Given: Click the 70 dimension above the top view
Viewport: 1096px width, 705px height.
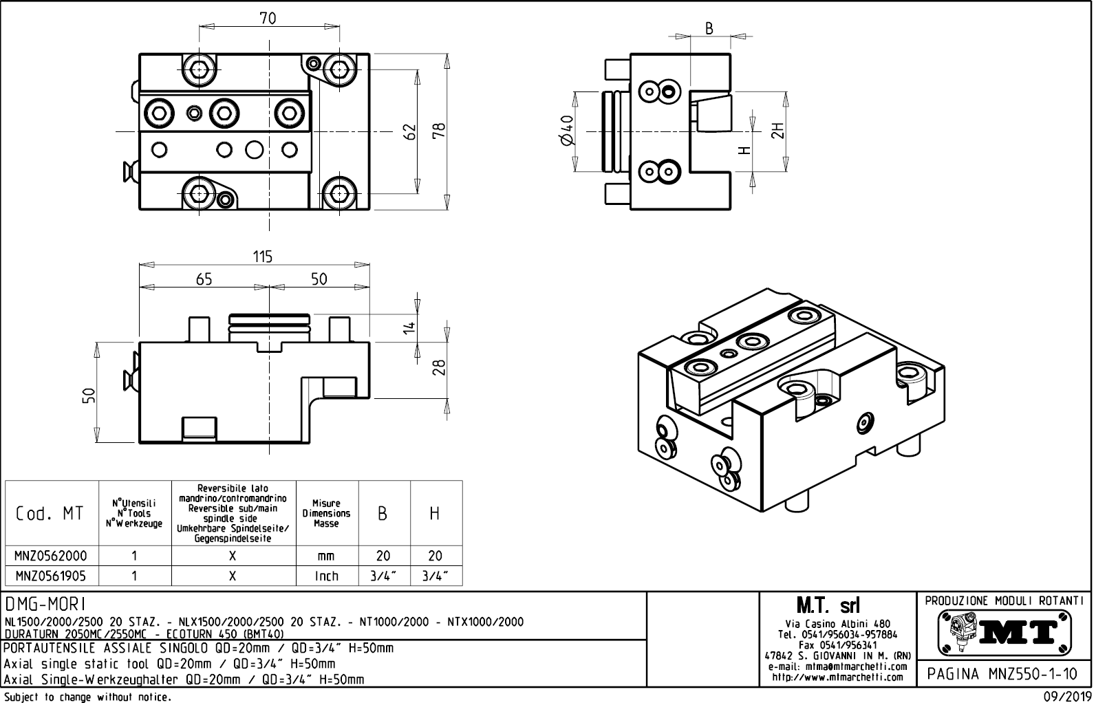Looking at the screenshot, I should pyautogui.click(x=268, y=19).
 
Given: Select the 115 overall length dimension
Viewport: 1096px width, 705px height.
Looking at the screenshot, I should pyautogui.click(x=262, y=257).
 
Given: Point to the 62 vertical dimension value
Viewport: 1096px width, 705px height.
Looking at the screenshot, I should pyautogui.click(x=410, y=131).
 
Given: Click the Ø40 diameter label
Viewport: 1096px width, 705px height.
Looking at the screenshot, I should pyautogui.click(x=568, y=131).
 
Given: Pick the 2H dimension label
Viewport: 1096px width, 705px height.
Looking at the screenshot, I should pyautogui.click(x=777, y=131).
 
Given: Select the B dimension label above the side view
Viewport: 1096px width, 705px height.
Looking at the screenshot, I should pyautogui.click(x=709, y=28).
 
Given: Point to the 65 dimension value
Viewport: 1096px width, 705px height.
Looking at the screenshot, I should pyautogui.click(x=204, y=279).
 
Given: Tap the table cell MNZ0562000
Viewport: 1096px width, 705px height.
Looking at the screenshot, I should pyautogui.click(x=52, y=556).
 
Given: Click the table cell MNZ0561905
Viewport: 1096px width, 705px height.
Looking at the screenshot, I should pyautogui.click(x=52, y=576).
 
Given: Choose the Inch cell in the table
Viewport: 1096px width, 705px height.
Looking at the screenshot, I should pyautogui.click(x=327, y=576).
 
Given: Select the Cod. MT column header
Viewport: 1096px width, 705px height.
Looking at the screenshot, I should pyautogui.click(x=50, y=513).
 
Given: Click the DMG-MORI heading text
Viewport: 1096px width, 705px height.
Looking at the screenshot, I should pyautogui.click(x=45, y=604).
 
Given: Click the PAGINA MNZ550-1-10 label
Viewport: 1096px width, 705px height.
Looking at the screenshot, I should pyautogui.click(x=1004, y=674).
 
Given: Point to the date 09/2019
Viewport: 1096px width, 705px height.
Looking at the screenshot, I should pyautogui.click(x=1066, y=697).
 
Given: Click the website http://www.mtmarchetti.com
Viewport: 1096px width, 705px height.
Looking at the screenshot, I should pyautogui.click(x=837, y=677).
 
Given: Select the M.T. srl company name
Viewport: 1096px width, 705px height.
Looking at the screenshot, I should pyautogui.click(x=828, y=606).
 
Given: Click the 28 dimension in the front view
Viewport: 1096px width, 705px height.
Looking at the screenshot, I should pyautogui.click(x=439, y=368).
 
